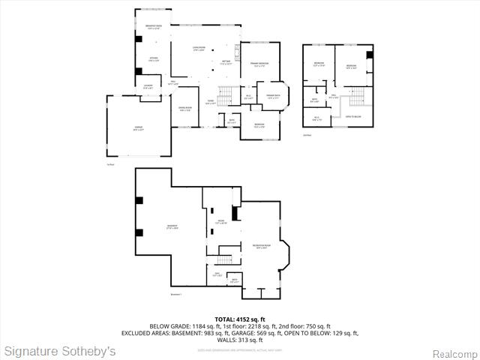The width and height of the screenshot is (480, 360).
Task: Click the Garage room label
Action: point(138,128)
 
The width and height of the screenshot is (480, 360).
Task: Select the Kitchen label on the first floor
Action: point(153,60)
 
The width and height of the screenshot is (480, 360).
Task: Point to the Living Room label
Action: point(198,49)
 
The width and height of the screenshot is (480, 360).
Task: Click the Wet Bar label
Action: point(226,62)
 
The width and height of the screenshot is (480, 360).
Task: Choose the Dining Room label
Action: point(184,109)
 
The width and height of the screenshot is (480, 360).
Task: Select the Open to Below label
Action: point(353,117)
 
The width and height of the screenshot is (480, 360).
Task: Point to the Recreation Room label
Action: point(260,247)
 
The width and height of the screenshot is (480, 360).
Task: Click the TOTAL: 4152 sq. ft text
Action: point(239,319)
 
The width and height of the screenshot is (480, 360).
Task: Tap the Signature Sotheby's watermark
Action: point(60,351)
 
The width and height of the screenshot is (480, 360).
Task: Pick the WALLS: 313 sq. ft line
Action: point(239,340)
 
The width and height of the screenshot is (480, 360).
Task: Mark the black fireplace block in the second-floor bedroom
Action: point(368,55)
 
